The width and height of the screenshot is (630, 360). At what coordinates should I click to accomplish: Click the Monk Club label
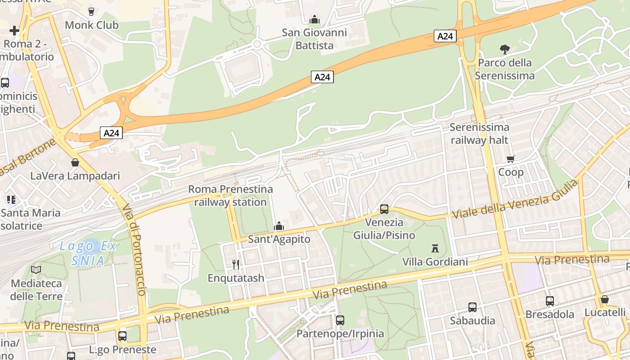pos(92,25)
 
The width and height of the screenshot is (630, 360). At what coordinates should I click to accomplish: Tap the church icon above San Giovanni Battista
pos(315,19)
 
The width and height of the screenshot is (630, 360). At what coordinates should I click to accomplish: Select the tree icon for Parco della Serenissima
pos(505,49)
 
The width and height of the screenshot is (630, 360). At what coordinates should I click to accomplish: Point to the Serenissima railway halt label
pos(479,134)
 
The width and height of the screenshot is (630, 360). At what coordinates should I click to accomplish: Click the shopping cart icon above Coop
pos(511,159)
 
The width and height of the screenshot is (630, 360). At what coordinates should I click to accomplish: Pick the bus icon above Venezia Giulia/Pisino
pos(384,209)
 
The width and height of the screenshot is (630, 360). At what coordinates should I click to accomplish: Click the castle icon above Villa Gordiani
pos(435,248)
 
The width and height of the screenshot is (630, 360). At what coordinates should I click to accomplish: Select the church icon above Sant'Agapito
pos(279,226)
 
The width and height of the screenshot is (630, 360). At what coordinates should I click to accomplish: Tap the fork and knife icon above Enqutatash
pos(236,265)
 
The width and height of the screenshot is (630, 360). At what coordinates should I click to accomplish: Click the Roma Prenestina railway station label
pos(230,195)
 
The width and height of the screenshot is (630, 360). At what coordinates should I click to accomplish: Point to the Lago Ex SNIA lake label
pos(88,253)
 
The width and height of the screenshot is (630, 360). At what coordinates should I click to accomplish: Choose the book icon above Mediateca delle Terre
pos(36,270)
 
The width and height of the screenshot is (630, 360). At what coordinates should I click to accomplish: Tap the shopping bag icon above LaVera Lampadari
pos(75,162)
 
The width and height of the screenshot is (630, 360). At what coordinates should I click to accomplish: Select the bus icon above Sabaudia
pos(472,307)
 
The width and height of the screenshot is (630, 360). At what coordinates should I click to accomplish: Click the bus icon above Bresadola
pos(550,301)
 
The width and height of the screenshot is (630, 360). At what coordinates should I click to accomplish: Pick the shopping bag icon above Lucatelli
pos(605,299)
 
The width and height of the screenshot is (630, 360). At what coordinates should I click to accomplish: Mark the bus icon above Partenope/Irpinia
pos(340,320)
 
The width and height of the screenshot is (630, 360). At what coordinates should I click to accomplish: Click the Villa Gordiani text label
pos(435,261)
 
